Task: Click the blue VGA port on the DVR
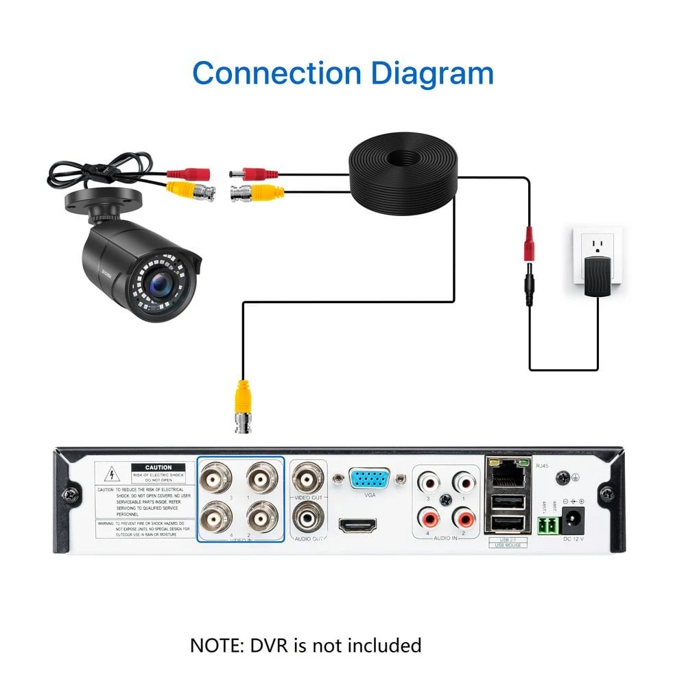(370, 478)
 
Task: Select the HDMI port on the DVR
(357, 527)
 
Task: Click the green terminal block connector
(547, 525)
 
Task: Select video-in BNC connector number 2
(263, 517)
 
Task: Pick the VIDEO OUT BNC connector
(308, 475)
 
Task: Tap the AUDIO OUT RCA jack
(308, 517)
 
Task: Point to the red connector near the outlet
(529, 244)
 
